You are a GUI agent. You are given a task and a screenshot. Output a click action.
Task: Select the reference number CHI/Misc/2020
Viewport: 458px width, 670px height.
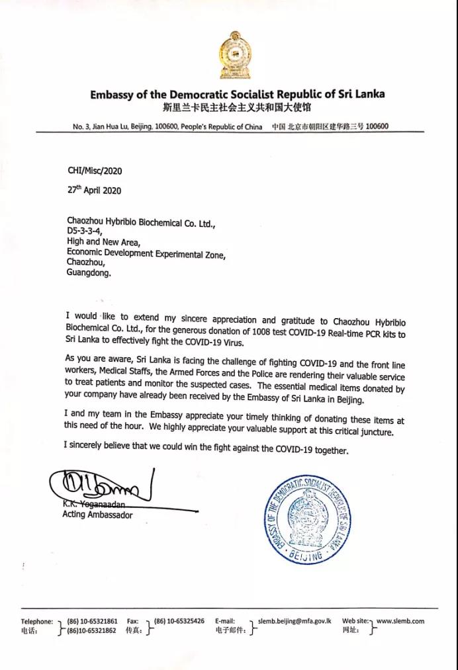[x=95, y=171]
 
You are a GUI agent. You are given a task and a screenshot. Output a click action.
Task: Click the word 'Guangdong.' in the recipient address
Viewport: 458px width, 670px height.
[x=89, y=272]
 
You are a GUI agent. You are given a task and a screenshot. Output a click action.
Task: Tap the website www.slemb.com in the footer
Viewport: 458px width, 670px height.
[x=400, y=621]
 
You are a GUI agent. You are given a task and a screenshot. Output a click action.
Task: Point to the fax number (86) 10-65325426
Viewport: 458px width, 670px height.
[x=179, y=621]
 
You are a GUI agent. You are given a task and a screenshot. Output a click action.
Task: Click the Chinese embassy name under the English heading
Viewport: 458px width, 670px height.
[x=236, y=107]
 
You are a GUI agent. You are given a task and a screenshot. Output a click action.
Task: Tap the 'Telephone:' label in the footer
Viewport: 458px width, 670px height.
[x=37, y=621]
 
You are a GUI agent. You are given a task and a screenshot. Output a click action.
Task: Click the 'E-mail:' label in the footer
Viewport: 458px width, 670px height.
[x=225, y=621]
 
